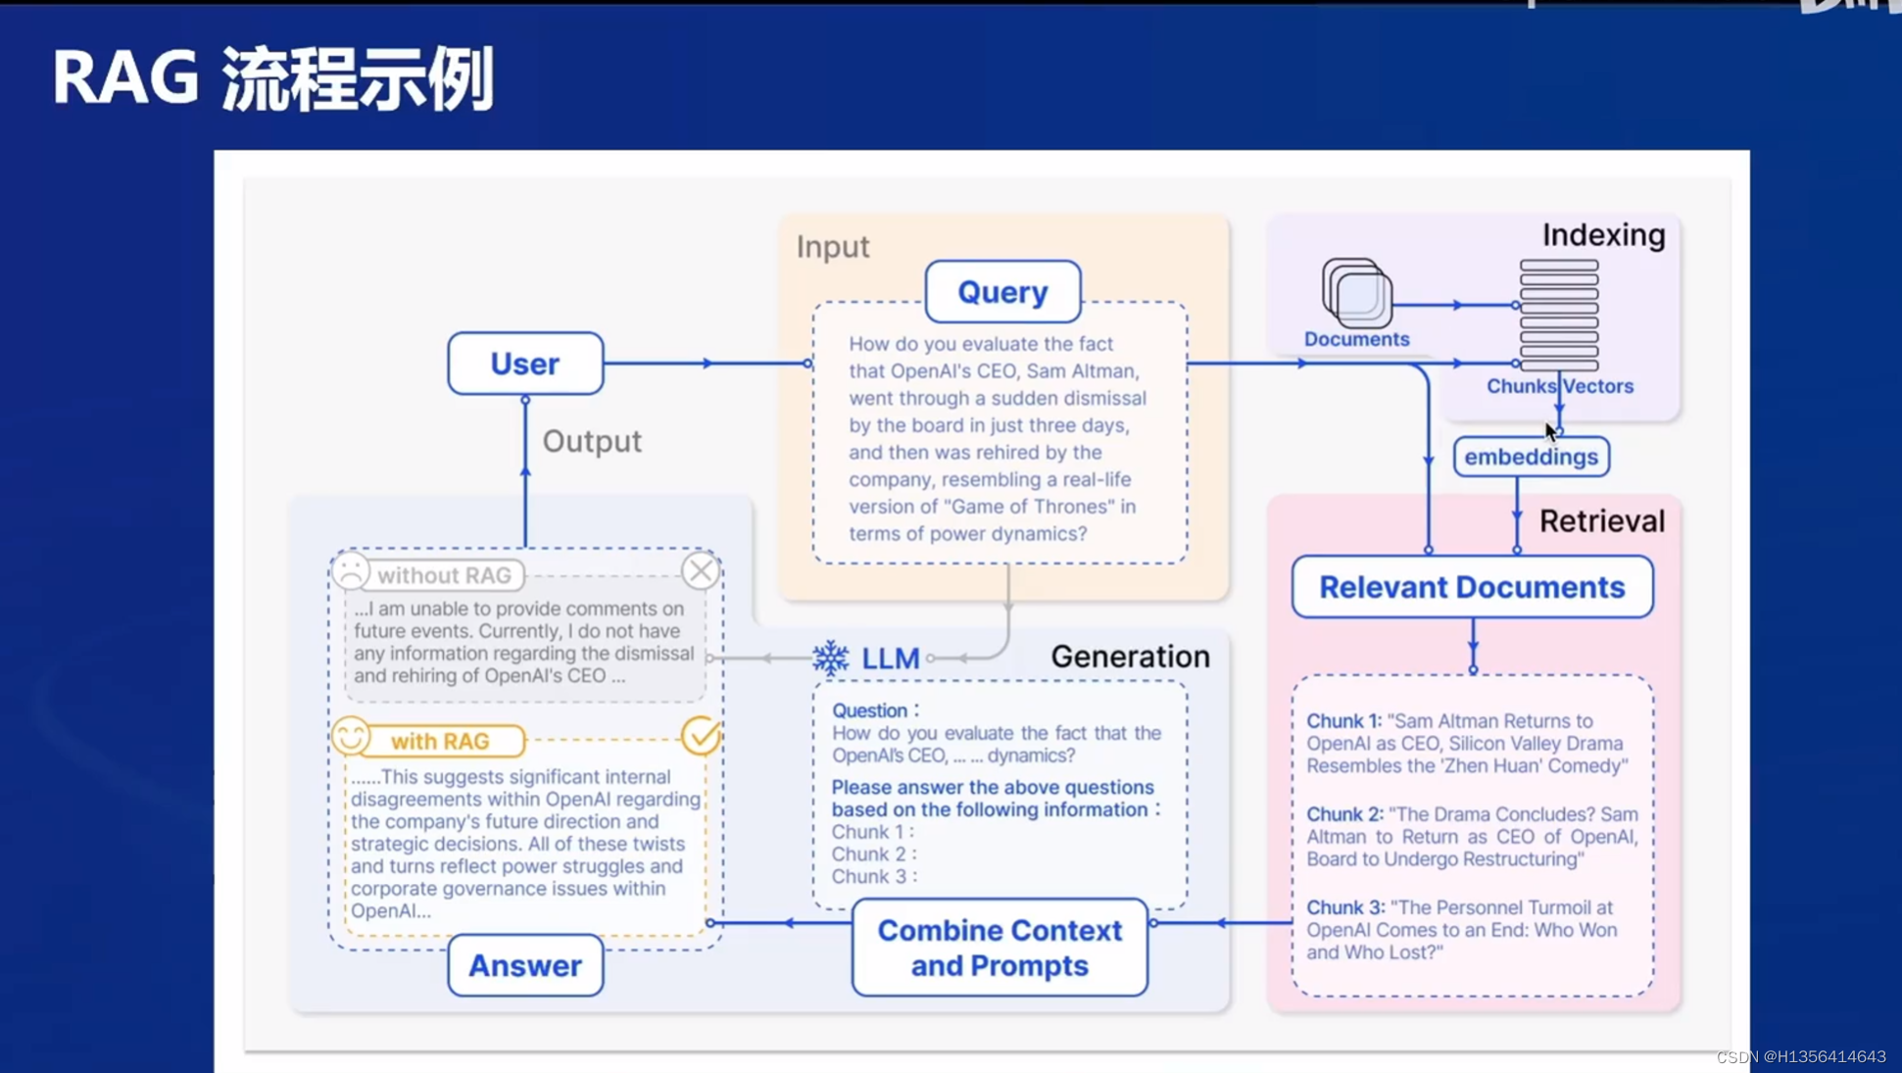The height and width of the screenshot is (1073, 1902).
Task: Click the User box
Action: pyautogui.click(x=525, y=364)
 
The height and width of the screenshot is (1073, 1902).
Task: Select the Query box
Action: pyautogui.click(x=1002, y=292)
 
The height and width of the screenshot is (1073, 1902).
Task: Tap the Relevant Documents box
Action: pyautogui.click(x=1472, y=587)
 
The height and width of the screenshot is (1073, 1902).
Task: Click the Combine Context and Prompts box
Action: pyautogui.click(x=1000, y=948)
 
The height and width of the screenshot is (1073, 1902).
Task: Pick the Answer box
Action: pyautogui.click(x=525, y=965)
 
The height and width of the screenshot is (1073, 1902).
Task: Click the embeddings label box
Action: pyautogui.click(x=1531, y=457)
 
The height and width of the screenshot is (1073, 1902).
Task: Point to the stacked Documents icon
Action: pyautogui.click(x=1357, y=293)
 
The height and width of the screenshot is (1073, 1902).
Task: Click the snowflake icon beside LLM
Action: pyautogui.click(x=831, y=658)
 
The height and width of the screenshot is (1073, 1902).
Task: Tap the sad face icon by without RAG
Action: pyautogui.click(x=351, y=570)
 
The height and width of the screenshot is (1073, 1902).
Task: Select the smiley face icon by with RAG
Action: pyautogui.click(x=351, y=736)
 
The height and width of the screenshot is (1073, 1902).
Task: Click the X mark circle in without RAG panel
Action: pyautogui.click(x=700, y=570)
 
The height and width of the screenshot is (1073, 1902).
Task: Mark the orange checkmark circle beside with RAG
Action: pyautogui.click(x=700, y=736)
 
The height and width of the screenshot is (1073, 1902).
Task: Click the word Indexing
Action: pyautogui.click(x=1603, y=235)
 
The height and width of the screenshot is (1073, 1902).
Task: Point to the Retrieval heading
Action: pyautogui.click(x=1601, y=521)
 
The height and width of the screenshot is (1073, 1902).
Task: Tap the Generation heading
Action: pyautogui.click(x=1130, y=657)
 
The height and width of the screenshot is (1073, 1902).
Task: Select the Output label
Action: pyautogui.click(x=592, y=441)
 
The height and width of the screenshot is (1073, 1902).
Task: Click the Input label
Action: pyautogui.click(x=832, y=247)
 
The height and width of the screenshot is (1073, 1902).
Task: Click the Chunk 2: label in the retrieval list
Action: pyautogui.click(x=1343, y=814)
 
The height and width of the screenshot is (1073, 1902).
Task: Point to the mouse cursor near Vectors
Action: pyautogui.click(x=1550, y=432)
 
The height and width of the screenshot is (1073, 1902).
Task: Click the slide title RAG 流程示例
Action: pyautogui.click(x=272, y=78)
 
